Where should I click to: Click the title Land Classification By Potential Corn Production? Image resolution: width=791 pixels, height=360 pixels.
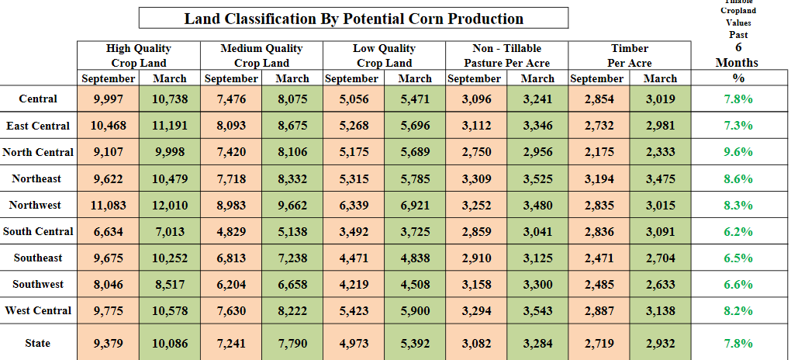[353, 19]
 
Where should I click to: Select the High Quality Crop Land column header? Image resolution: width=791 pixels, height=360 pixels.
[139, 55]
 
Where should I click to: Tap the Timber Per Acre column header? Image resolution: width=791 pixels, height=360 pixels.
[629, 55]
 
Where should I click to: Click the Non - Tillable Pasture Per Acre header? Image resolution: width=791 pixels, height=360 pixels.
[506, 55]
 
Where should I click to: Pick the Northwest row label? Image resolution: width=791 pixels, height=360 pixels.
[37, 205]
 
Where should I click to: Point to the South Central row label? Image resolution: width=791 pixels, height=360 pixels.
[38, 231]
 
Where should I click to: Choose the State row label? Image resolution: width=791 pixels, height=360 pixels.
[37, 343]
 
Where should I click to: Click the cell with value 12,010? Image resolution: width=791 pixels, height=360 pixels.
[170, 205]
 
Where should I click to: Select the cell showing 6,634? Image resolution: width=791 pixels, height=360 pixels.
[108, 231]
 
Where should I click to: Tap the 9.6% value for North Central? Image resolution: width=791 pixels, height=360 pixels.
[737, 152]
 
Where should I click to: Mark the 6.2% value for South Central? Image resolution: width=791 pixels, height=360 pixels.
[737, 231]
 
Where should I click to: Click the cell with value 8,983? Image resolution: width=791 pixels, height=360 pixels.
[230, 205]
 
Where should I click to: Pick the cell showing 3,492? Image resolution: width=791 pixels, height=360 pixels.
[354, 231]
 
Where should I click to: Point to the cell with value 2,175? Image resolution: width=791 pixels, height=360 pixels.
[599, 152]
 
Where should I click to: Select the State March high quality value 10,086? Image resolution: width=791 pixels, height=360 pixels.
[170, 343]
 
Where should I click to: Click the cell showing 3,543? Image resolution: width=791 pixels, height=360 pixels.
[537, 310]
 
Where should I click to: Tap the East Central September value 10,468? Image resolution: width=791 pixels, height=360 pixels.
[108, 126]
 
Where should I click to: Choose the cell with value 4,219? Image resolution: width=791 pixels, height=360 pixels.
[354, 284]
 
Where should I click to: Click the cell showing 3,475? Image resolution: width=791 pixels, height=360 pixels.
[660, 178]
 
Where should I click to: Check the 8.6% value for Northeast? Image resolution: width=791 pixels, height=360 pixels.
[737, 178]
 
